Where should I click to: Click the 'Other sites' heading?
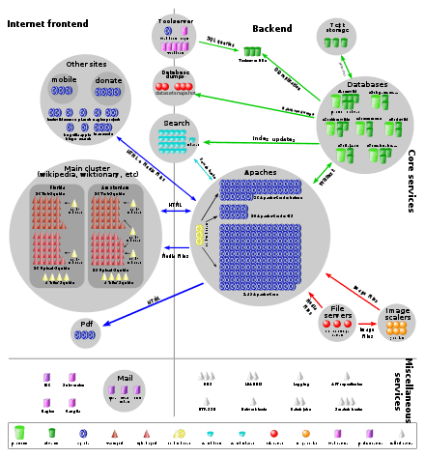point(86,64)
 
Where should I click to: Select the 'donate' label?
point(107,79)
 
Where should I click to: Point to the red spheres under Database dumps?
point(175,88)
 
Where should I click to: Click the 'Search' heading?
point(176,124)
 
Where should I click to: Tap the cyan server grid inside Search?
point(175,141)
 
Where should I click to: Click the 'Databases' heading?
point(366,84)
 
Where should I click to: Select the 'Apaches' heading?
point(261,172)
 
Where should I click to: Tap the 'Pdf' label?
point(86,323)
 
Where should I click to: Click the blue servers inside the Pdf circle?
point(86,334)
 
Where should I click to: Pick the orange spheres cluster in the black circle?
point(396,327)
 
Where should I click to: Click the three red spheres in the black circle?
point(336,324)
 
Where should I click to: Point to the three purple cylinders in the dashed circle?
point(123,389)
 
